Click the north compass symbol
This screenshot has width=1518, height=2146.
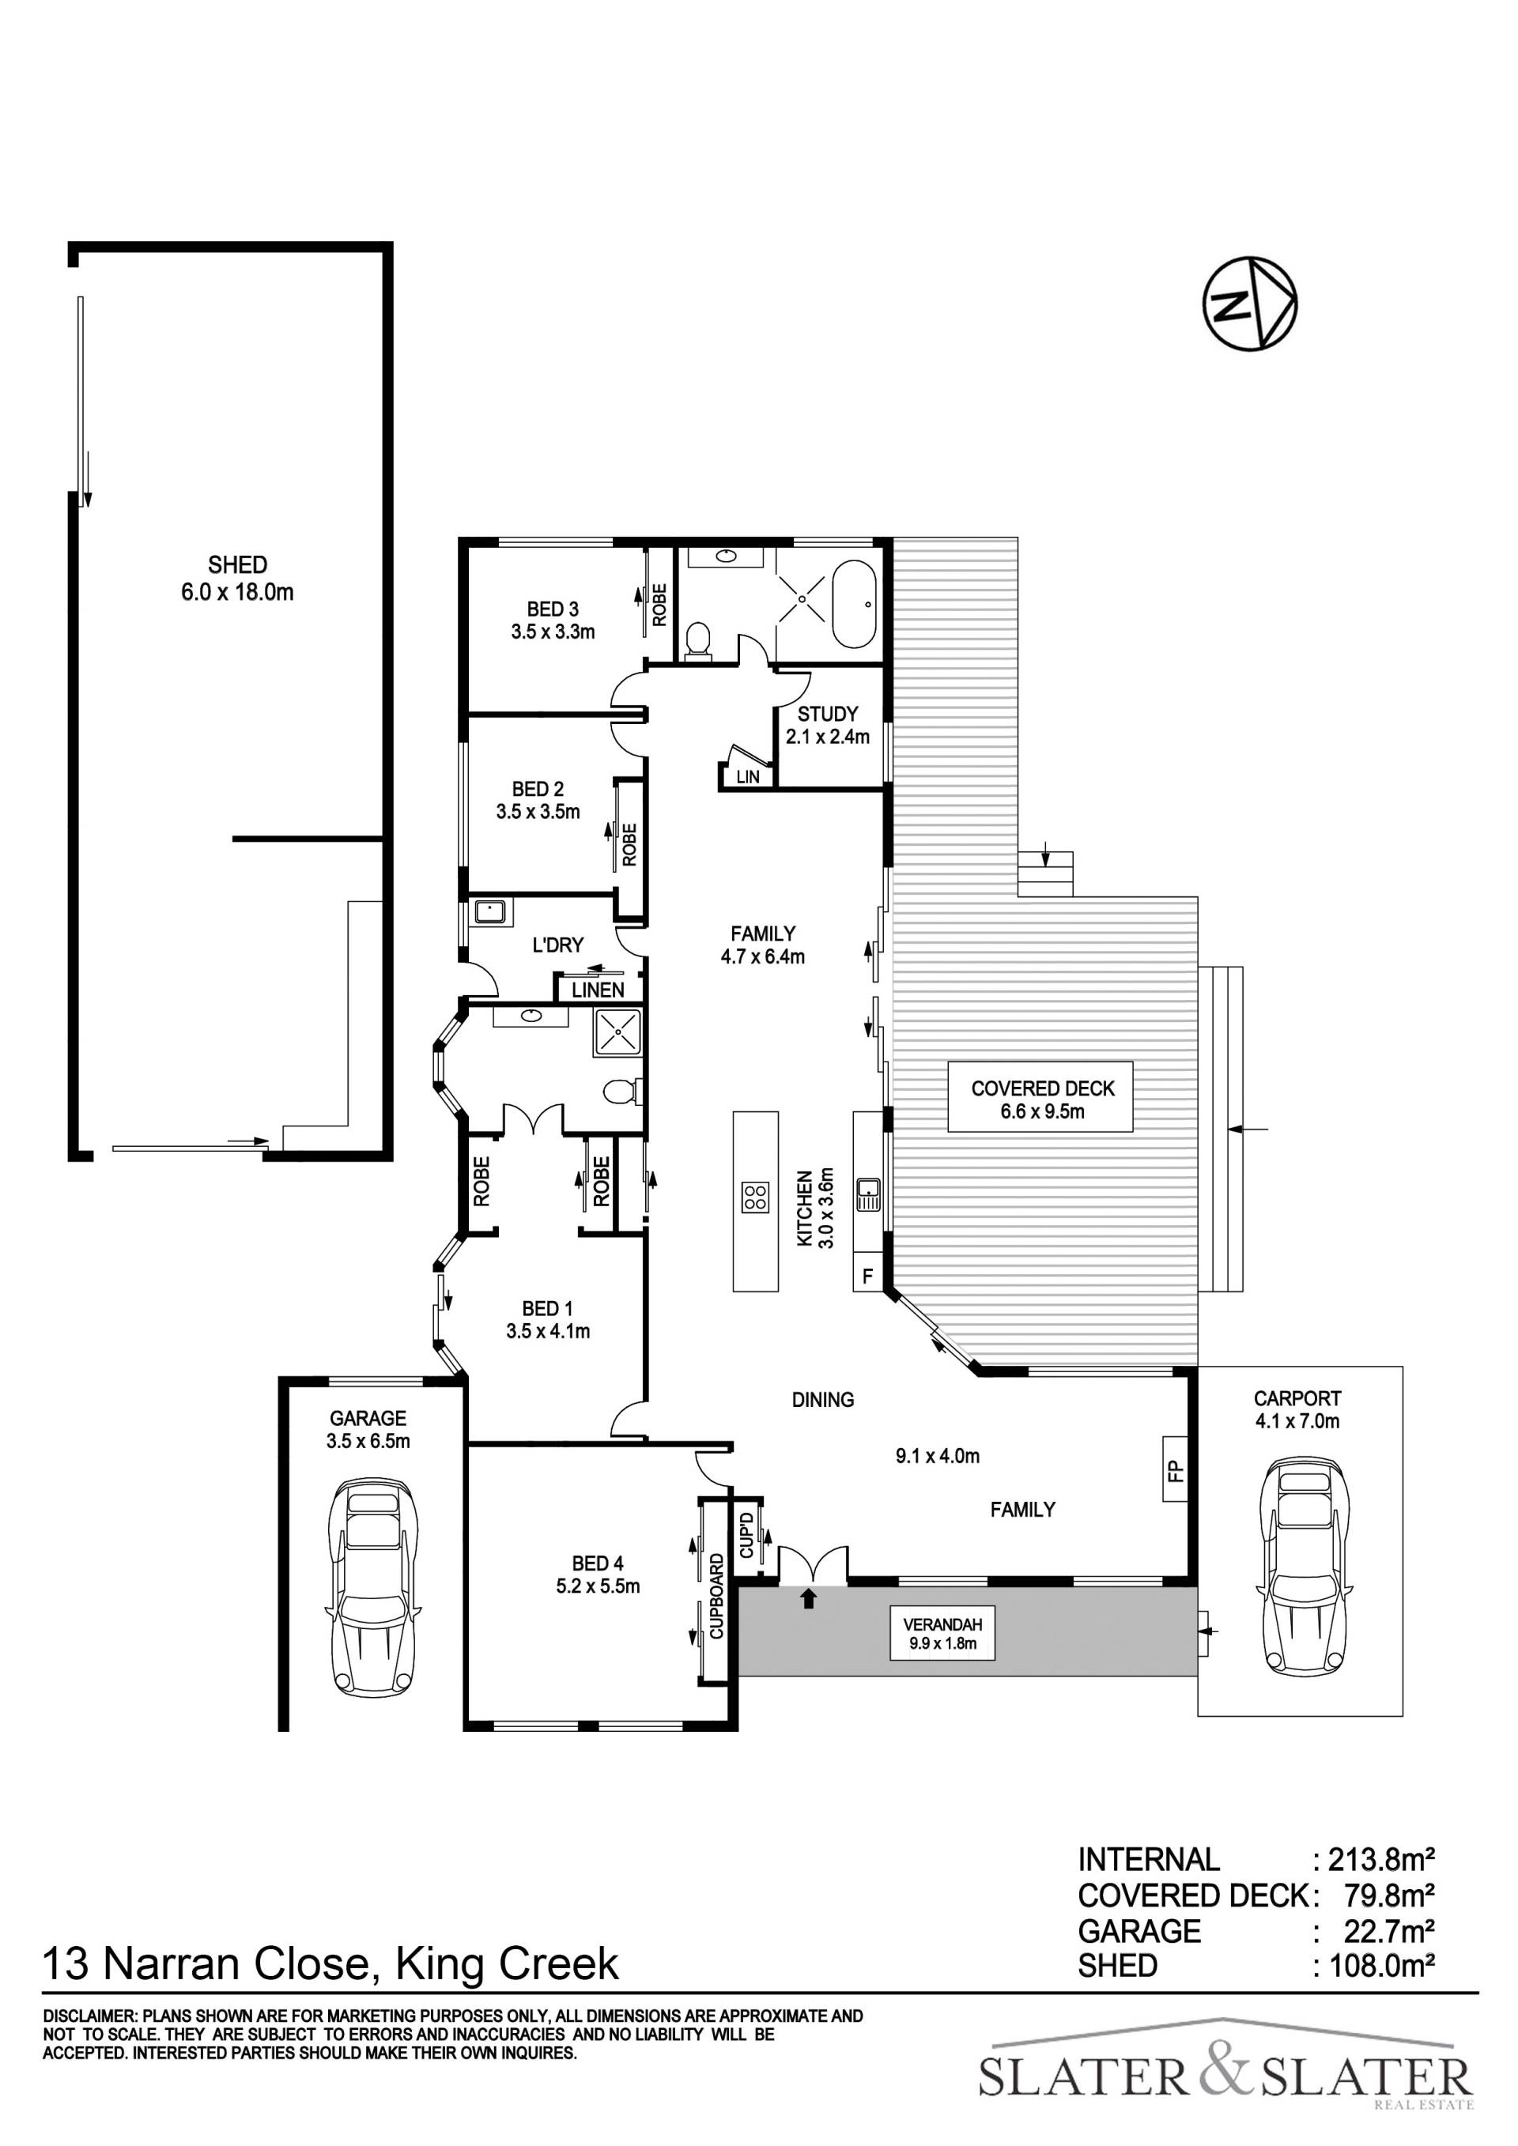point(1249,304)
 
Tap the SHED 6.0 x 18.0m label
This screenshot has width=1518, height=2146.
point(237,578)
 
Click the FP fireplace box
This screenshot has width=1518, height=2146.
point(1175,1471)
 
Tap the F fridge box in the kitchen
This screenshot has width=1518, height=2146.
point(867,1275)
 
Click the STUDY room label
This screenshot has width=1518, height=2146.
point(827,714)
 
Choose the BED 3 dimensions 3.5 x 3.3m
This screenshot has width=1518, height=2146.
point(553,632)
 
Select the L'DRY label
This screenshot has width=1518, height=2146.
point(558,945)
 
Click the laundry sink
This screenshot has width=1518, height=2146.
point(489,911)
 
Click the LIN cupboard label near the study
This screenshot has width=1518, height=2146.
point(748,777)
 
